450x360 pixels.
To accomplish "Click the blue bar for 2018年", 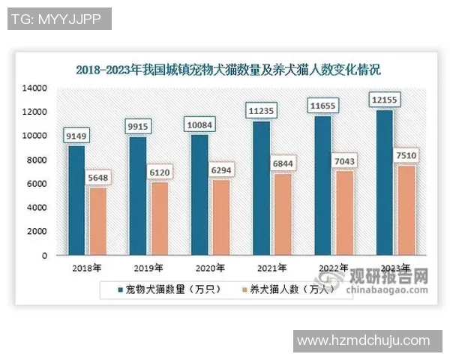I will click(x=76, y=200).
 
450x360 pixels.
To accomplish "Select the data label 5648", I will click(x=97, y=178).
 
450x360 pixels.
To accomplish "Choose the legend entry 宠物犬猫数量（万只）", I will click(x=168, y=289).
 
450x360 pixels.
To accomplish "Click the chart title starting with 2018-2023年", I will click(x=228, y=70).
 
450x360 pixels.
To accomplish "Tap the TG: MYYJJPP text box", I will click(x=58, y=19).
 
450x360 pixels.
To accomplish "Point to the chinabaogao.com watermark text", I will click(x=394, y=288).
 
